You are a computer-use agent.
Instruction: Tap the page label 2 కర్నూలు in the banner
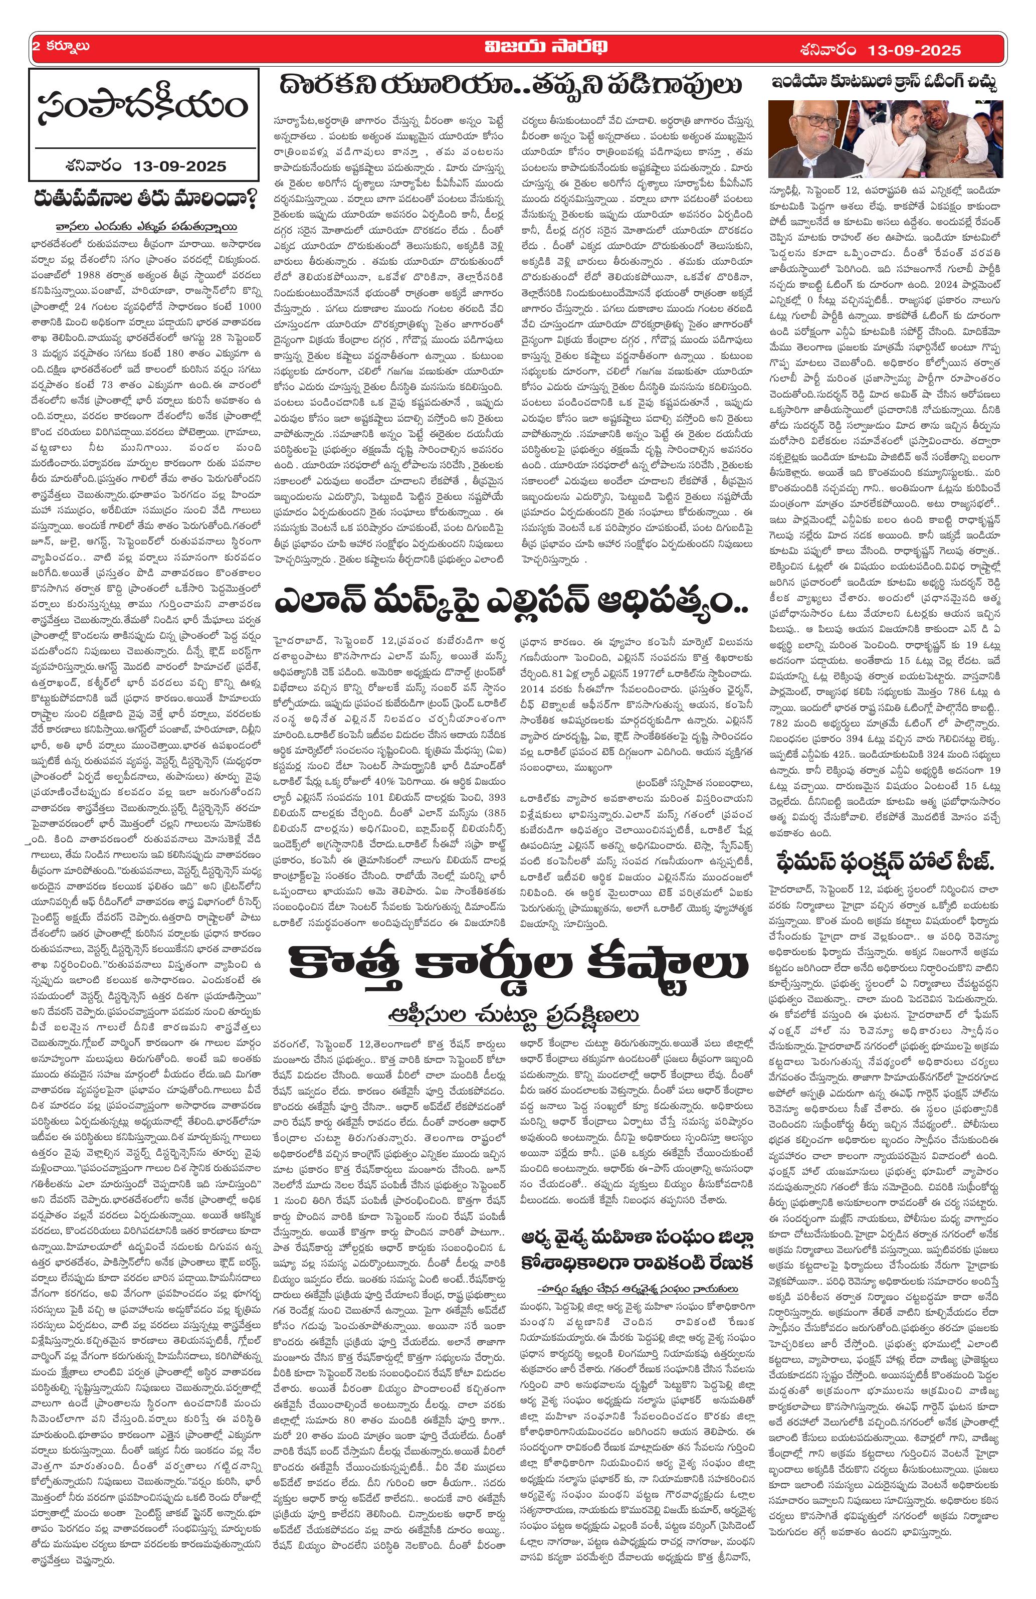pyautogui.click(x=61, y=48)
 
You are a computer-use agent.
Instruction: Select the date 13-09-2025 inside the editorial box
pyautogui.click(x=179, y=165)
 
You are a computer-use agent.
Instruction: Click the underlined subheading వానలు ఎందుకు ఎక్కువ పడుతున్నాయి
pyautogui.click(x=147, y=227)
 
